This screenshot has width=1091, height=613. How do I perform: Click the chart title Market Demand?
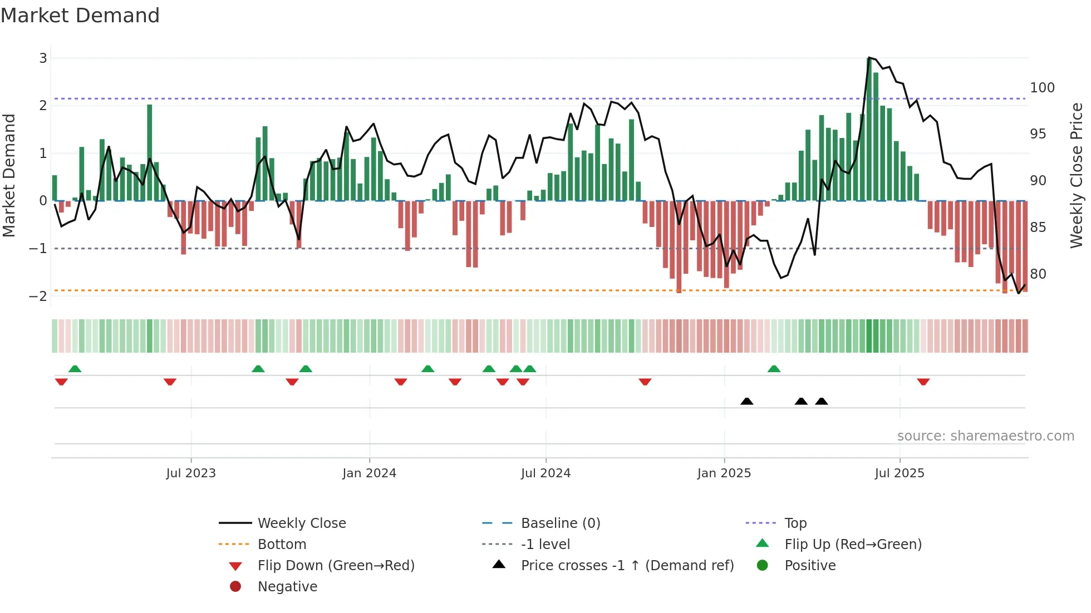point(80,16)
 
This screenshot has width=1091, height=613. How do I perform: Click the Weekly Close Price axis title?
point(1077,175)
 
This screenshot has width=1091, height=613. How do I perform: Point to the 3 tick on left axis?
point(43,58)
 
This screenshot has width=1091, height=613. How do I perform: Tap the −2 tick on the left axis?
point(38,296)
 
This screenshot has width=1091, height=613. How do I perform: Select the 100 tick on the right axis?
point(1042,88)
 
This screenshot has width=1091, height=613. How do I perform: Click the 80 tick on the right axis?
point(1038,274)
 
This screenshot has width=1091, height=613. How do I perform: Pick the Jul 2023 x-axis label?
point(190,473)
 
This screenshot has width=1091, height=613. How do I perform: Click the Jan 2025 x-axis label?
point(724,473)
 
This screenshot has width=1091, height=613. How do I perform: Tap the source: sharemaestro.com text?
point(985,436)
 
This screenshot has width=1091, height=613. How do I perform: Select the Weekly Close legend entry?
point(301,523)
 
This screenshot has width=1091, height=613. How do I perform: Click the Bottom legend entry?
point(282,544)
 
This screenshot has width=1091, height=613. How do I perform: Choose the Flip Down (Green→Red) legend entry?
point(336,565)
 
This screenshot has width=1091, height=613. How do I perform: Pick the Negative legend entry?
point(287,586)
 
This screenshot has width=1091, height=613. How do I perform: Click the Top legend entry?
point(795,523)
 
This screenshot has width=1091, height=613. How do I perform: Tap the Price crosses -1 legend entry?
point(627,565)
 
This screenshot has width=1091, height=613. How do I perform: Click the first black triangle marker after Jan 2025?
point(747,401)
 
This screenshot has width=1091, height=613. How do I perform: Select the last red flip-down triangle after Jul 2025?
point(923,382)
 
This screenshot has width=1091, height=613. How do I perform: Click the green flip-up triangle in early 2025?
point(774,368)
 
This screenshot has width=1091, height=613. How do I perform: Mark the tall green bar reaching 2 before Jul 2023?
point(150,152)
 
